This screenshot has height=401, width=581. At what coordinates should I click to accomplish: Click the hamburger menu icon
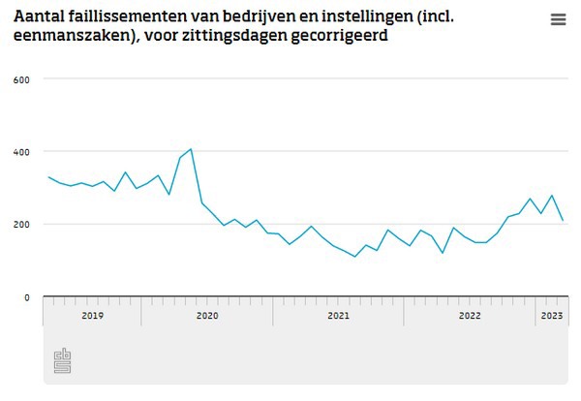[x=558, y=19]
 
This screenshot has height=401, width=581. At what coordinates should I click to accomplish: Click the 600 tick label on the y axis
[x=21, y=79]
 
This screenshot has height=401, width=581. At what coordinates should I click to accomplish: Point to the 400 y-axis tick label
[x=21, y=152]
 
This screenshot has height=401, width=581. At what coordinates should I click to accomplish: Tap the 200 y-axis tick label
[x=21, y=225]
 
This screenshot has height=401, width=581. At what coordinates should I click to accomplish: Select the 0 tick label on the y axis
[x=27, y=297]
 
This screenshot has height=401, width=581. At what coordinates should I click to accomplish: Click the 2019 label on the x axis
[x=93, y=316]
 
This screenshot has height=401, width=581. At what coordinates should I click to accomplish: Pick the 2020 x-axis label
[x=207, y=316]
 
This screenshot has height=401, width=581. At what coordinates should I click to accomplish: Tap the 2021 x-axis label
[x=338, y=316]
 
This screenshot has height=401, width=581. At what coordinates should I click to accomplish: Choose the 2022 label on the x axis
[x=470, y=316]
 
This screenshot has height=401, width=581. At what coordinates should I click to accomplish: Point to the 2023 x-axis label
[x=551, y=316]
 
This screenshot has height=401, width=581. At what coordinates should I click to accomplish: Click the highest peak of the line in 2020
[x=191, y=149]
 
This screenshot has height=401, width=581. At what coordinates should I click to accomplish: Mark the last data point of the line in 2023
[x=563, y=221]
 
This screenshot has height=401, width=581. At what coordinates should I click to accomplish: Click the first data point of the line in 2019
[x=48, y=177]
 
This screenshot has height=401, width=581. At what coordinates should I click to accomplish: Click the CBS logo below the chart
[x=64, y=360]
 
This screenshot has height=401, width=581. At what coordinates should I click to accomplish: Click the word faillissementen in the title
[x=146, y=17]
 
